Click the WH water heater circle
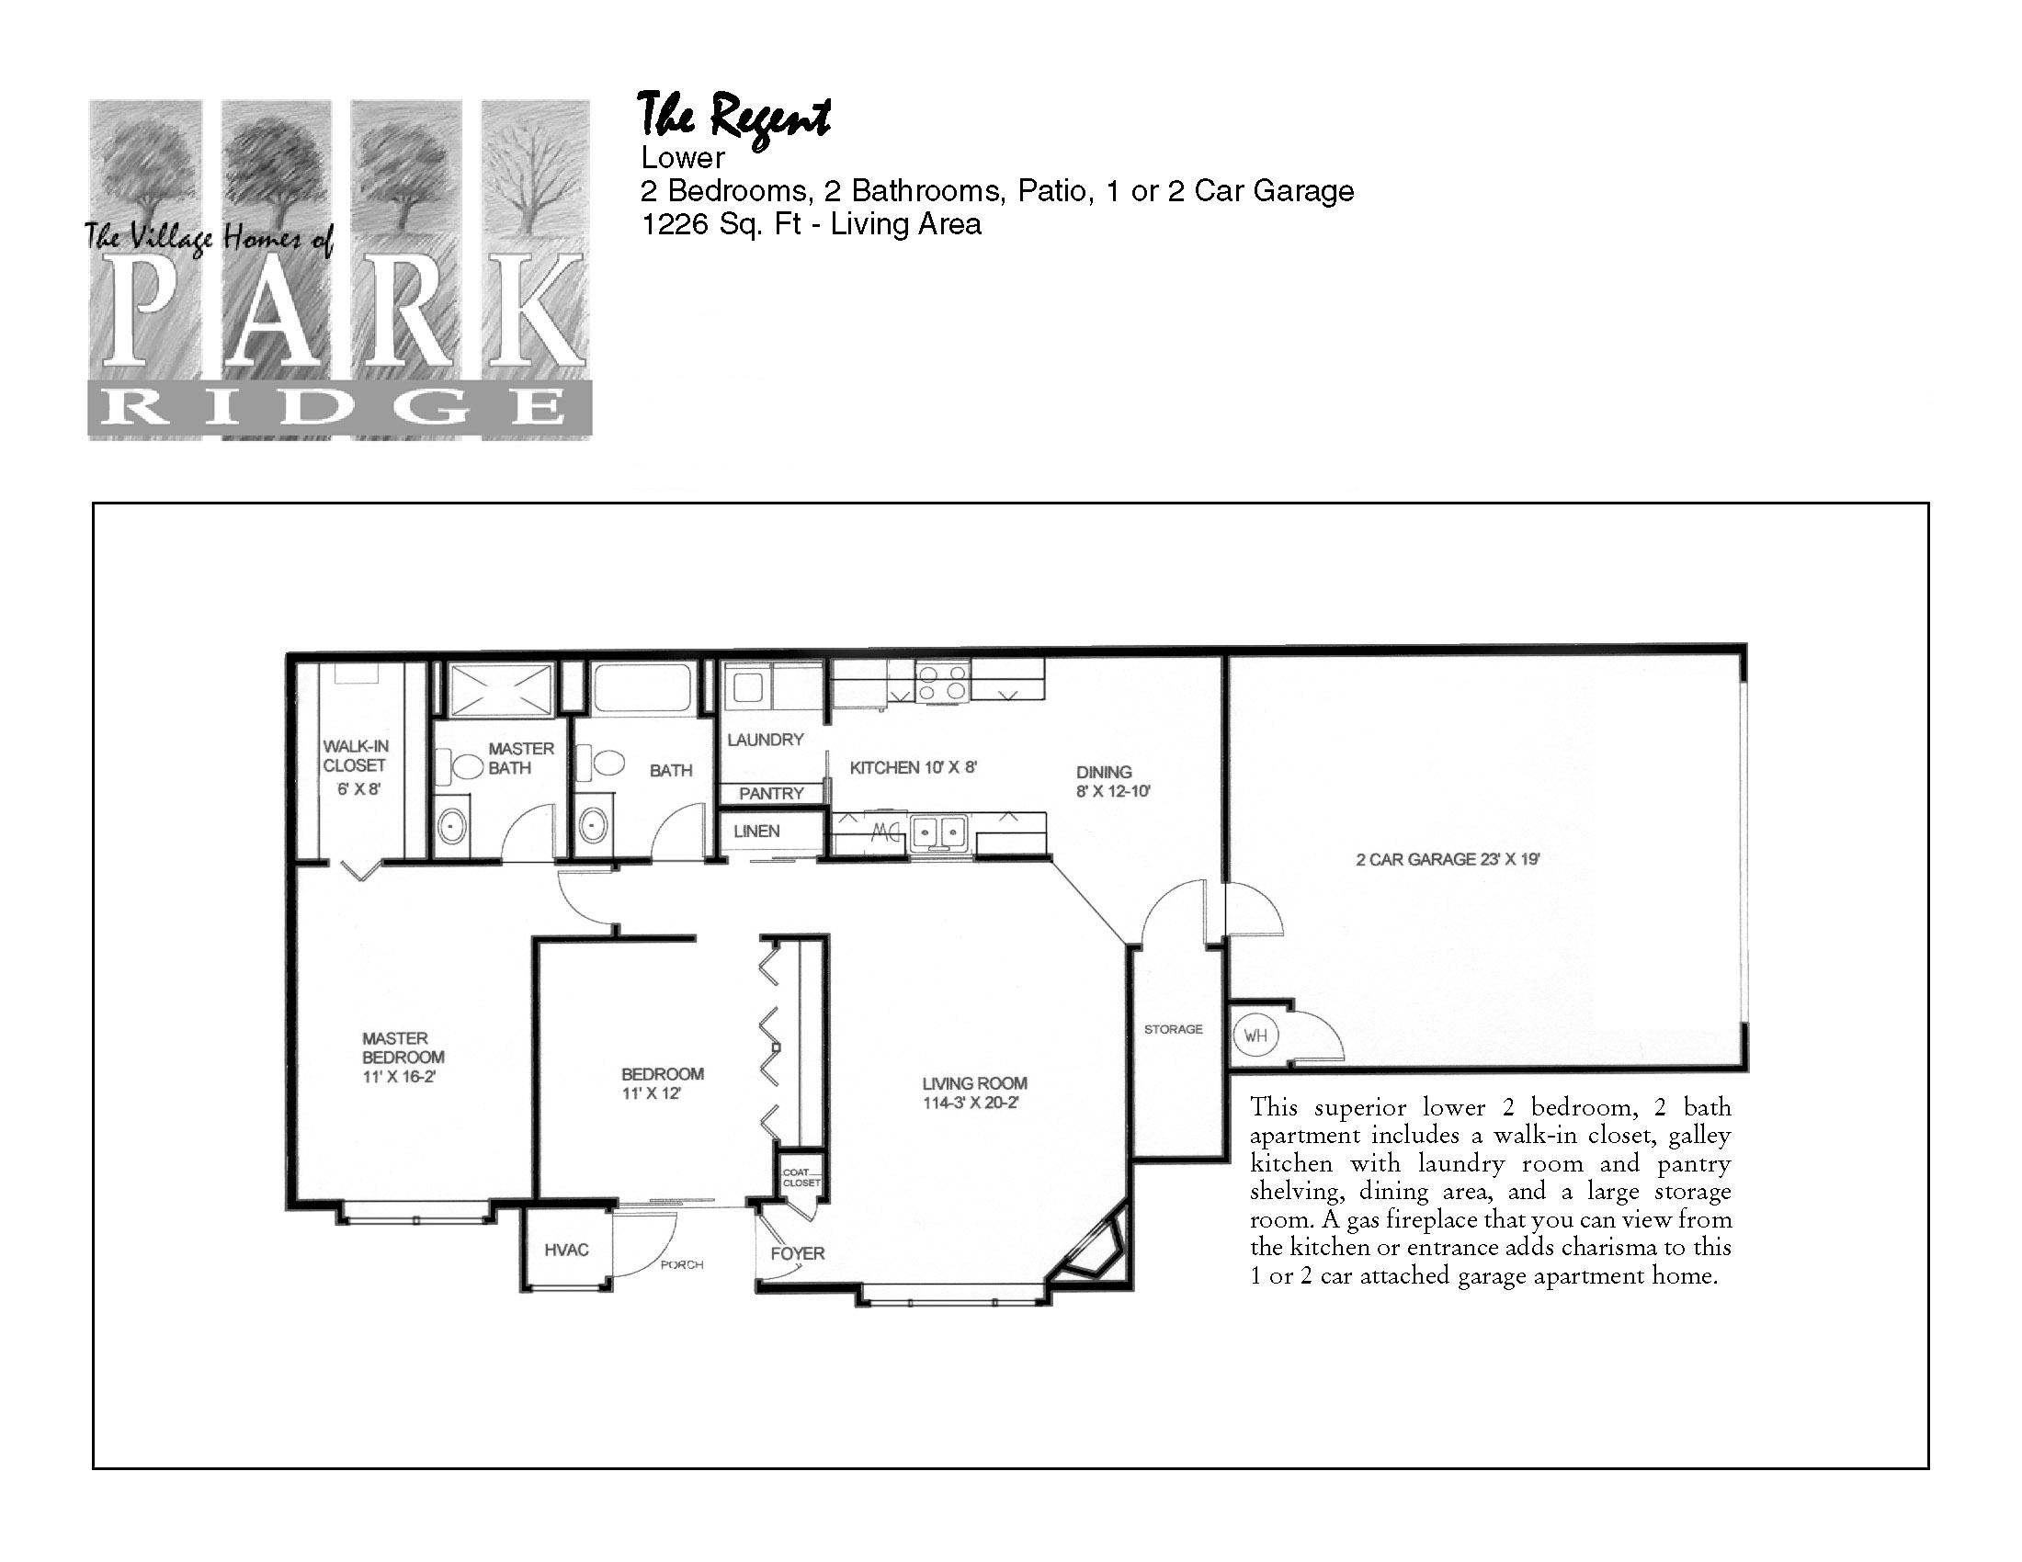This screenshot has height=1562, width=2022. point(1255,1036)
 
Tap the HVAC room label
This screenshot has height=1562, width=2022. point(565,1251)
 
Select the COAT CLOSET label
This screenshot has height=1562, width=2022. point(800,1177)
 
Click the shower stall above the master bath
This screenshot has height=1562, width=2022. point(499,689)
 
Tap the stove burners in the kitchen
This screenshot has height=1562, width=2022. point(941,682)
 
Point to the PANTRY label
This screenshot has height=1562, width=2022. point(771,794)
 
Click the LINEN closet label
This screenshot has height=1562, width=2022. point(756,831)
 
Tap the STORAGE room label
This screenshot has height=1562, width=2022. point(1173,1029)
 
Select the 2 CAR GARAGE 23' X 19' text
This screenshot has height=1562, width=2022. point(1448,859)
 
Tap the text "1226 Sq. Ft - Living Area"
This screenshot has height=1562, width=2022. point(811,224)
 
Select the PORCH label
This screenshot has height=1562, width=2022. point(681,1264)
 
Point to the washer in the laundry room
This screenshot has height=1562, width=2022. point(748,687)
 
